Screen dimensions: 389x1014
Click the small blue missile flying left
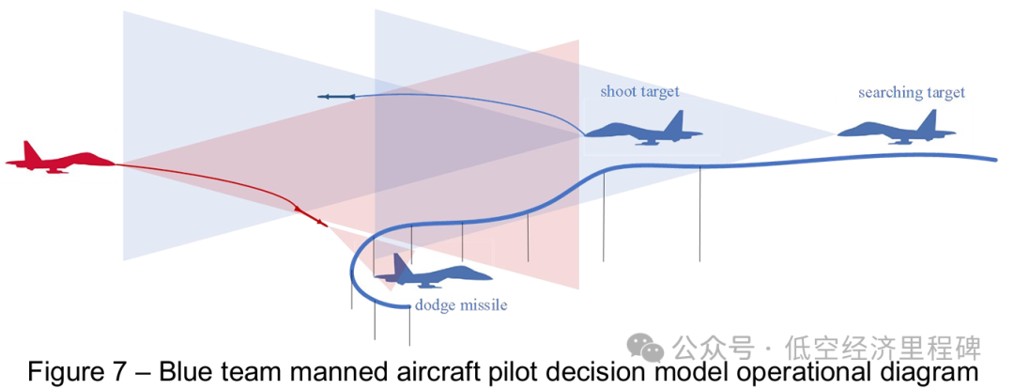[x=335, y=96]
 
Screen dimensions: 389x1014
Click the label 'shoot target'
[x=639, y=92]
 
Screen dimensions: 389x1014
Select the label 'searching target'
[x=911, y=92]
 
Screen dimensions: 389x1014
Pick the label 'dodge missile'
[x=461, y=305]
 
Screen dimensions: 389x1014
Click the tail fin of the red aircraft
[x=32, y=150]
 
